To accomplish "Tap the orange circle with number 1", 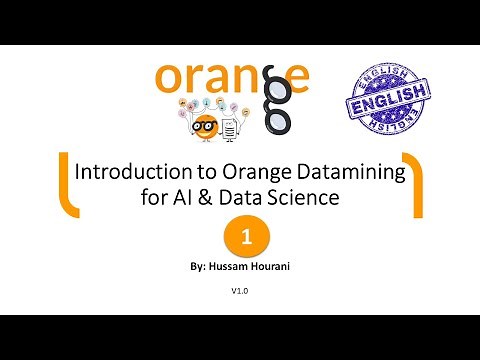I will coord(240,238).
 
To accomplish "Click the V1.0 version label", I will coord(239,291).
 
